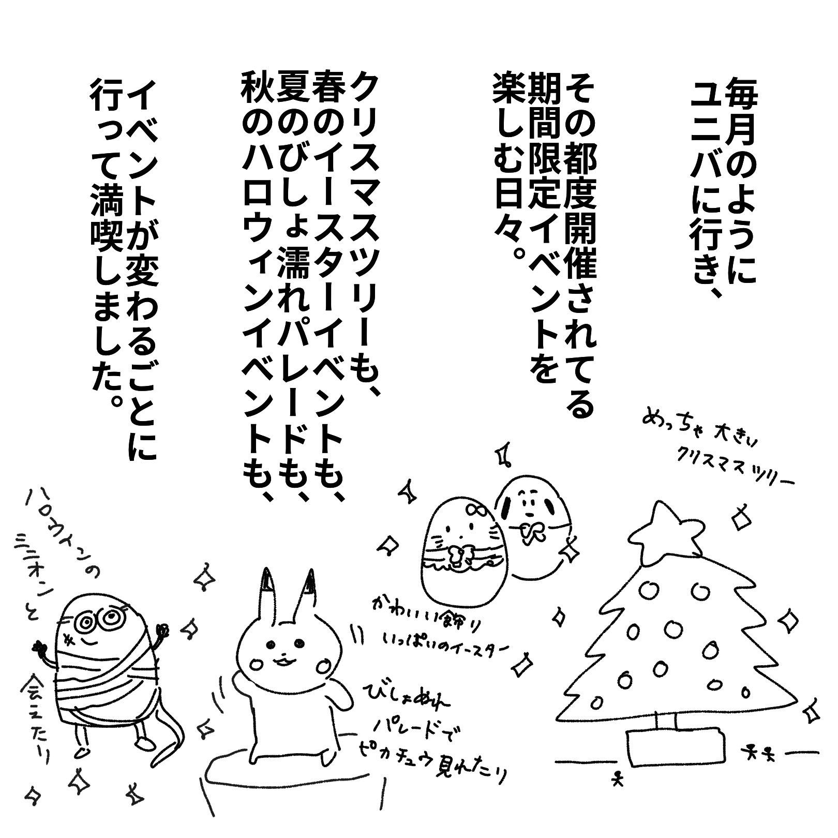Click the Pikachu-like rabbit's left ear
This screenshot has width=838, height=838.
click(x=268, y=595)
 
